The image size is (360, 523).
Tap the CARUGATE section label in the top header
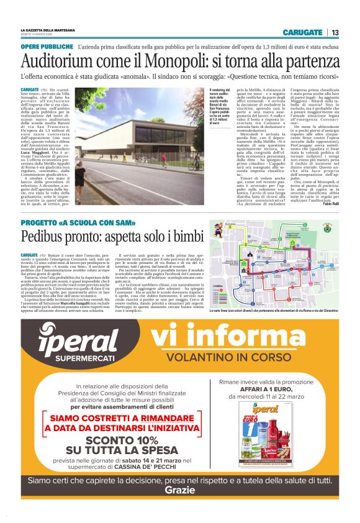[x=302, y=32]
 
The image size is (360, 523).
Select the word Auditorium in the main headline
[x=56, y=61]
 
